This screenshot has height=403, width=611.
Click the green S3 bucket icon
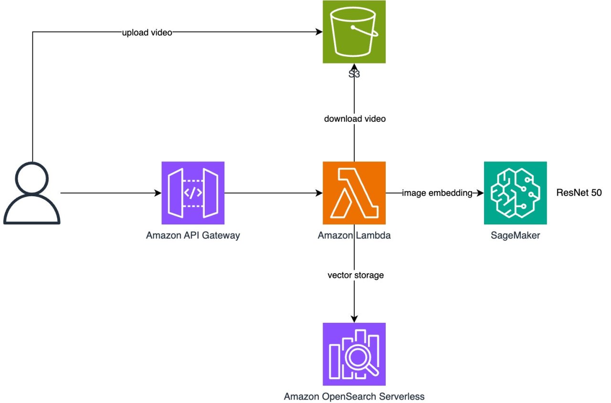(354, 32)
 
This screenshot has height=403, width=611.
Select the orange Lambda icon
(354, 193)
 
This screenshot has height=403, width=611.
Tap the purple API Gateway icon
(193, 193)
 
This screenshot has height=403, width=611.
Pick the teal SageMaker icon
(515, 193)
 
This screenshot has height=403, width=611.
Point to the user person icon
(32, 193)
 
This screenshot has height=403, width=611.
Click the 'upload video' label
(146, 32)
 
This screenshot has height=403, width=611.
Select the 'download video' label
(354, 119)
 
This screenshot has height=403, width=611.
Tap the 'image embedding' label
(437, 193)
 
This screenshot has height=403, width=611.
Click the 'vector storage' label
(355, 276)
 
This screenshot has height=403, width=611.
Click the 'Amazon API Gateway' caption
(193, 235)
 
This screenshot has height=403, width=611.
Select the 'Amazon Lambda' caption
(354, 235)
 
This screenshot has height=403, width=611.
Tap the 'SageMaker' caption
(515, 235)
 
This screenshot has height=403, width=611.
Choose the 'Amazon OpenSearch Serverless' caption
(354, 396)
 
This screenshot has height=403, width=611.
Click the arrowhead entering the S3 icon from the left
(318, 32)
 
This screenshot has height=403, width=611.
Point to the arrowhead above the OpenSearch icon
(354, 318)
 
